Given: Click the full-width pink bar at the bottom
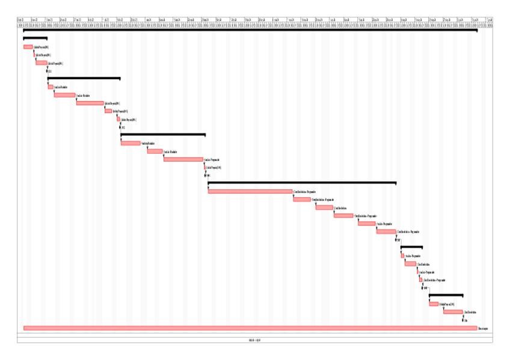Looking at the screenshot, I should [x=250, y=328].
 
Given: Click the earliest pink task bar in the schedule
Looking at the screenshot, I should [x=28, y=46].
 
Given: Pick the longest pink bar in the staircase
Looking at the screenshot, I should [x=250, y=191].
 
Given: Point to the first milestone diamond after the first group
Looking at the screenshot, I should [x=47, y=71].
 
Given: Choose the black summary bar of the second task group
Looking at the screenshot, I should [x=84, y=78].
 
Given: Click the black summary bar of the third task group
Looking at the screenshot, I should [x=163, y=134].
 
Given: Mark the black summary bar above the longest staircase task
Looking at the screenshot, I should [x=302, y=182].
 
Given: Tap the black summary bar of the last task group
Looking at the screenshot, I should [x=446, y=295].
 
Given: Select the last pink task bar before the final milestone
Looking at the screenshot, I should [x=453, y=312].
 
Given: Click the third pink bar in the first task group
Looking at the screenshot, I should [x=41, y=63].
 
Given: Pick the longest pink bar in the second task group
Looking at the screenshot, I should [x=90, y=103].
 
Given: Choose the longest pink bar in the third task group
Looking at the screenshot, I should [x=183, y=159].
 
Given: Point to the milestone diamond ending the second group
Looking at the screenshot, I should [x=120, y=127].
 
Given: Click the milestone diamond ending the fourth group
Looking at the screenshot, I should [x=397, y=240].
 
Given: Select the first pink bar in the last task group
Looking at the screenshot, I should [x=434, y=304].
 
